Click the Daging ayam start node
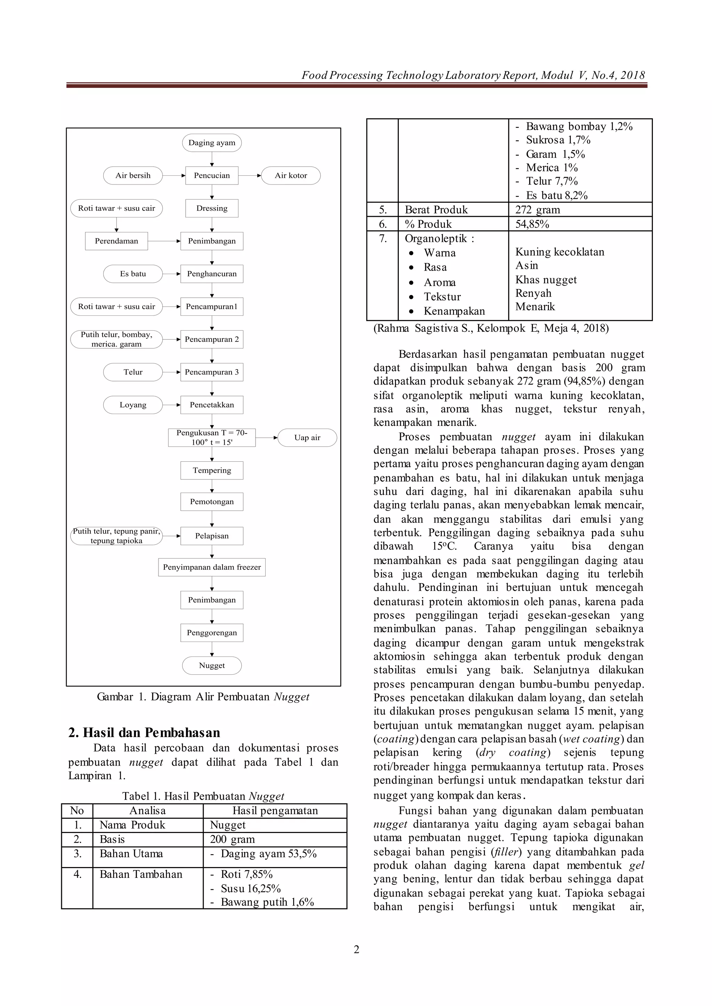pos(212,143)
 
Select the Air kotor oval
pos(291,176)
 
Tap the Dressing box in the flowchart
pos(212,208)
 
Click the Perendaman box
pos(116,241)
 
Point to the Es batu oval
pos(133,274)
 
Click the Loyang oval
pos(133,405)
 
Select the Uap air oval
pos(307,438)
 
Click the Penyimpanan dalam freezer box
pos(212,567)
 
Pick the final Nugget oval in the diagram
pos(212,666)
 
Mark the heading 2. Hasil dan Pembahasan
pos(144,733)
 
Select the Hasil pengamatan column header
pos(275,810)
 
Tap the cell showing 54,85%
pos(532,224)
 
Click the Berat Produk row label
pos(436,210)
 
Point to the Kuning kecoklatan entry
pos(559,252)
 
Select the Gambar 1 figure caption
pos(203,697)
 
